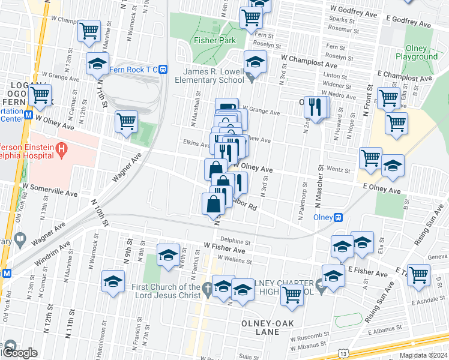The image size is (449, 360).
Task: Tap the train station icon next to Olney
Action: [339, 217]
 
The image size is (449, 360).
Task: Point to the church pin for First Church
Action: [206, 287]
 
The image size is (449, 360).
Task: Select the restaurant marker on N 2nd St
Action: [314, 107]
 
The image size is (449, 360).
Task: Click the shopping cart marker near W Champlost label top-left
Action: [89, 30]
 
